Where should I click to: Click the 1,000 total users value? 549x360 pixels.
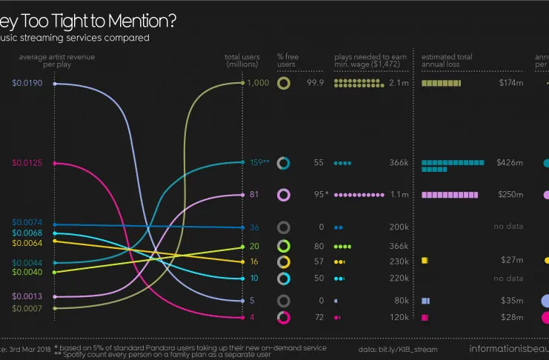click(x=258, y=83)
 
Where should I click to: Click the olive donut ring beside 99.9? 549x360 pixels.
click(x=283, y=84)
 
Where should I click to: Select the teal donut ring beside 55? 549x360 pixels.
click(x=283, y=163)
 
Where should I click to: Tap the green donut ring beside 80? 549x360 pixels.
click(x=283, y=247)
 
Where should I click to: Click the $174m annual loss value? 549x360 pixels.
click(x=510, y=84)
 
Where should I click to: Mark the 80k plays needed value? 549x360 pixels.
click(x=401, y=301)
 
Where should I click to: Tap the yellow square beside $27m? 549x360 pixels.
click(x=425, y=261)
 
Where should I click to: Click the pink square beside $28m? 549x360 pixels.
click(x=425, y=318)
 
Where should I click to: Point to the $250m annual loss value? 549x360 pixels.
click(x=510, y=195)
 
